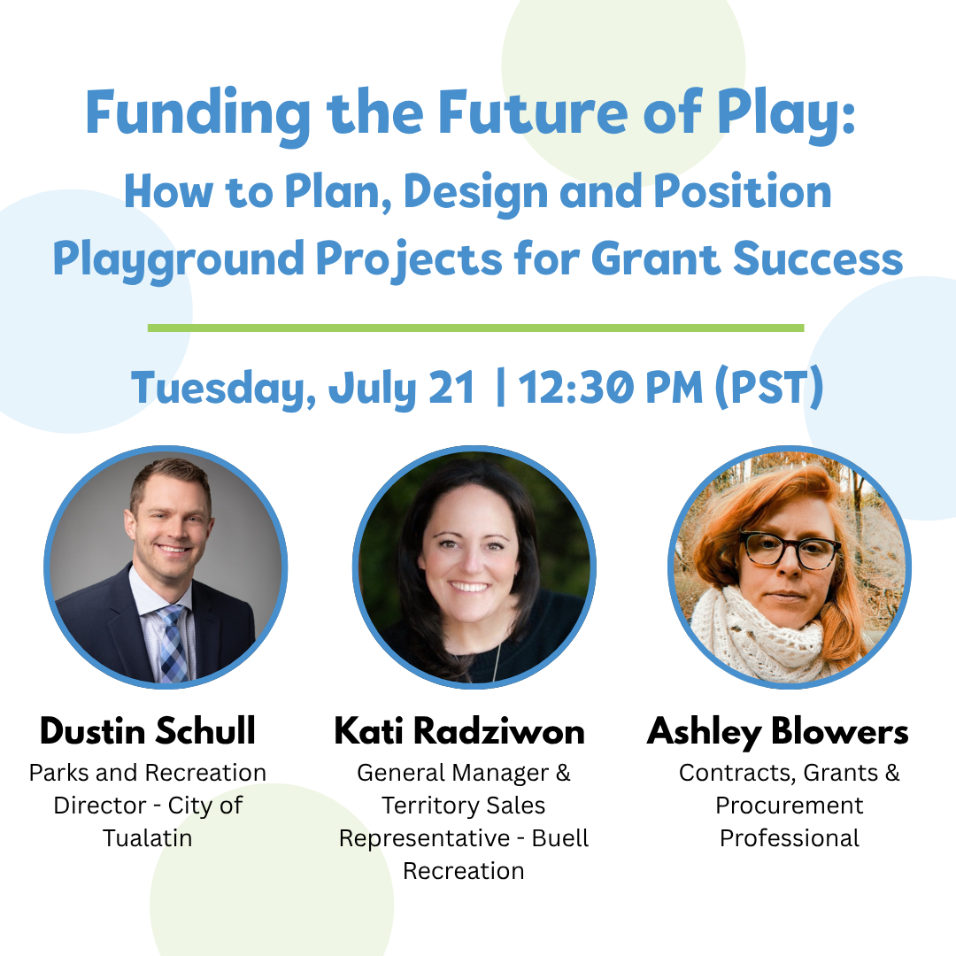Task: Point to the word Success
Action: point(818,258)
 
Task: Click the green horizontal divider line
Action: point(475,328)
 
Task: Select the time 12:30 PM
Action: point(611,388)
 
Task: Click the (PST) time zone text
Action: point(769,388)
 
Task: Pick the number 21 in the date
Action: point(451,388)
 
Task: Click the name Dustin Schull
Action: point(148,730)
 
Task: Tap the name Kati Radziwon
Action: point(459,730)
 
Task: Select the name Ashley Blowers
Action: point(777,732)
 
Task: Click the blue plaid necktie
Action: point(173,644)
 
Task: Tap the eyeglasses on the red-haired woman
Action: point(790,550)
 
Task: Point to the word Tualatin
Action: point(148,838)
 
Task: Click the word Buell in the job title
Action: point(560,838)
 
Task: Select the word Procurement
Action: point(790,806)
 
